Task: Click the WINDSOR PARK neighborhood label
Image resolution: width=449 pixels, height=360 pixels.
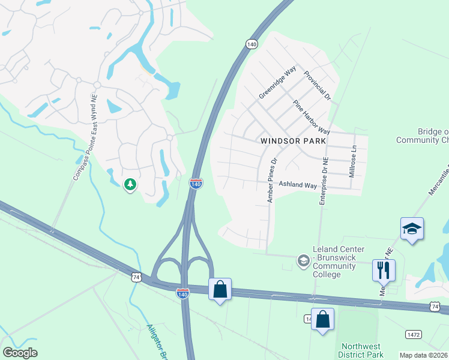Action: click(x=293, y=140)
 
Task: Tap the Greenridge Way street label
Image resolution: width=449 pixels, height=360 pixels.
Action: click(x=277, y=83)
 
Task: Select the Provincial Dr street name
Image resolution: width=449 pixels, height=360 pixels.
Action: click(x=317, y=85)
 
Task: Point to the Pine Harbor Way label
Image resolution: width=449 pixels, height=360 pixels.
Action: click(x=312, y=117)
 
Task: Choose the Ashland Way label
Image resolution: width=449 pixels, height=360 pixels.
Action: click(x=297, y=186)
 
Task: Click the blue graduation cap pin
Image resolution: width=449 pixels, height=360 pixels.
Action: click(x=412, y=229)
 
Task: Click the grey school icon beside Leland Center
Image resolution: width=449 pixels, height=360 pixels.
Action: click(x=304, y=260)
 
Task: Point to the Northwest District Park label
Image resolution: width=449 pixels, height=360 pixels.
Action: click(x=361, y=350)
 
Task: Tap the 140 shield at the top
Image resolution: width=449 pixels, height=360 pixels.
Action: click(x=252, y=44)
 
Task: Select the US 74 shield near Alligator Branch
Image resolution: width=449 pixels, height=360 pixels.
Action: click(x=136, y=277)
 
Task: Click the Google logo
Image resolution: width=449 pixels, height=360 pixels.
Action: click(x=20, y=353)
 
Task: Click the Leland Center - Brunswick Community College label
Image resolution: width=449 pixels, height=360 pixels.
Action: click(x=335, y=262)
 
